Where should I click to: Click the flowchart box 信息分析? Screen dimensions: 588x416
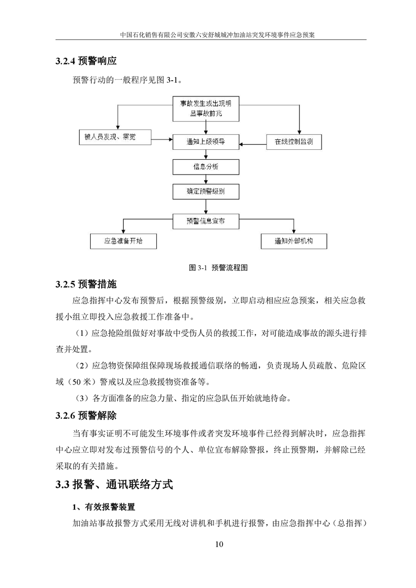206,167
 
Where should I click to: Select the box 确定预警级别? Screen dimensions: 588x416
206,191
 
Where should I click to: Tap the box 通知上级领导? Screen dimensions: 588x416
206,141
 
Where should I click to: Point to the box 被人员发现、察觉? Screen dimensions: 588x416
114,137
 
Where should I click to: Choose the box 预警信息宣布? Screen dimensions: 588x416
206,221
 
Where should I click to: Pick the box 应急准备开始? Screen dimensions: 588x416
123,241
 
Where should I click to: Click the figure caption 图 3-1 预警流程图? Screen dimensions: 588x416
218,267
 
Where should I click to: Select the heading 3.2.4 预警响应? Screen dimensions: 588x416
86,61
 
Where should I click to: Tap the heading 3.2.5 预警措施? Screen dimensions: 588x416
86,285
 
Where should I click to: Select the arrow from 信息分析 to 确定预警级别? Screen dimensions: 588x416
206,179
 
